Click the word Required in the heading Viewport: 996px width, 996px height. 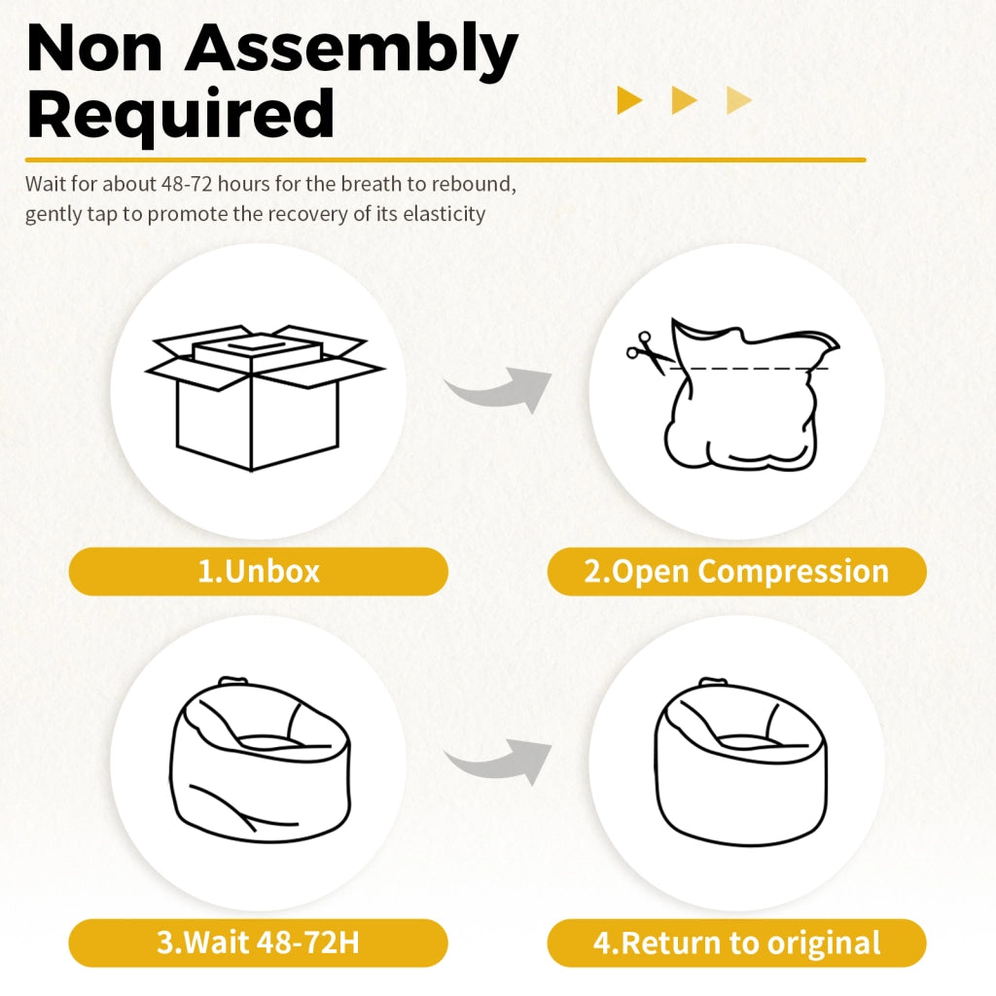[x=180, y=115]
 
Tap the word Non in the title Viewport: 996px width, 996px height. [x=95, y=48]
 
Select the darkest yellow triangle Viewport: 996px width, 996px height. [x=629, y=100]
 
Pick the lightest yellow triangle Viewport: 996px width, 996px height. [x=739, y=100]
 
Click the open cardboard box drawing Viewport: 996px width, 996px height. [x=265, y=398]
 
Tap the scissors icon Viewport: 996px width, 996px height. [x=649, y=352]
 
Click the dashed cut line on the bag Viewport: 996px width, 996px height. [x=750, y=369]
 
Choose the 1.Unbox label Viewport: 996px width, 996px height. [x=259, y=571]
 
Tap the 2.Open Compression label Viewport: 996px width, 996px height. [x=737, y=571]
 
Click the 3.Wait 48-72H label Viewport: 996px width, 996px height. [x=259, y=943]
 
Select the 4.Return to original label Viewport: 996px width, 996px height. [x=737, y=943]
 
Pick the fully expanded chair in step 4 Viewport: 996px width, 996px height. [x=740, y=760]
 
